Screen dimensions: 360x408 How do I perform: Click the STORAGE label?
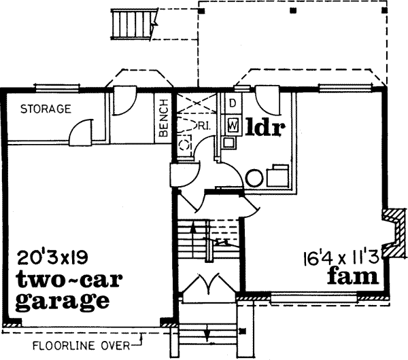coord(46,109)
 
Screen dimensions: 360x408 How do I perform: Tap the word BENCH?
coord(163,118)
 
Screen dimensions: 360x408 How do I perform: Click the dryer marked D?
coord(232,104)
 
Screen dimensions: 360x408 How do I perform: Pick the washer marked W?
coord(233,125)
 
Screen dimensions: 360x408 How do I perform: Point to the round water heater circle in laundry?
coord(254,178)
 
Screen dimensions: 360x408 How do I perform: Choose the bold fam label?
coord(352,276)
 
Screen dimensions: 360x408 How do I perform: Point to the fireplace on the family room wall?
coord(392,227)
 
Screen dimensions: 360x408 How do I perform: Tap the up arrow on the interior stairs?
coord(194,234)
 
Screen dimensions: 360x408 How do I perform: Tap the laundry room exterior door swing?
coord(269,101)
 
